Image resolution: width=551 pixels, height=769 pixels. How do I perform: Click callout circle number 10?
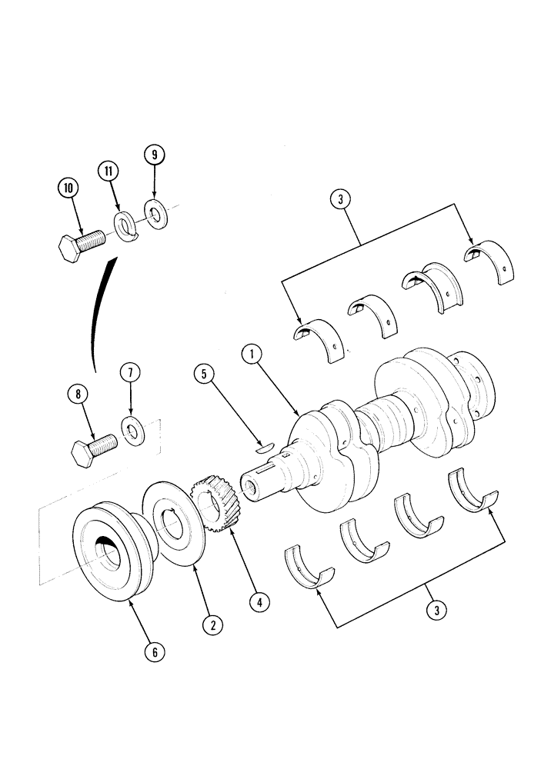[68, 187]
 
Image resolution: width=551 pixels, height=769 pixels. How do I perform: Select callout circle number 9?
[154, 155]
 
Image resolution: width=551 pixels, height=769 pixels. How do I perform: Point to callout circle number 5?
[204, 375]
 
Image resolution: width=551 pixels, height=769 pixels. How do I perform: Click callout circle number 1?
[250, 355]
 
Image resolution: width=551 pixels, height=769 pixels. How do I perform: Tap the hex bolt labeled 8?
[93, 448]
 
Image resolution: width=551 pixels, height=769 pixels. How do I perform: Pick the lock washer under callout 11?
[125, 226]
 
